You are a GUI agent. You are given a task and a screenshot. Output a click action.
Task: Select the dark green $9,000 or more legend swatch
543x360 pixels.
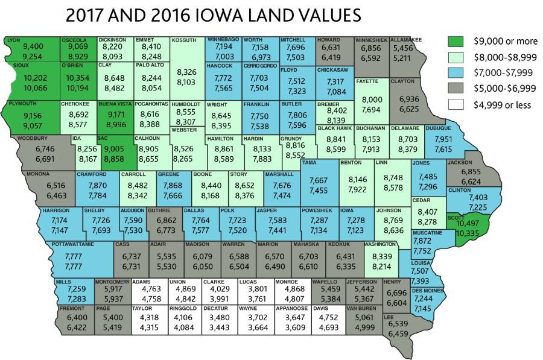click(456, 41)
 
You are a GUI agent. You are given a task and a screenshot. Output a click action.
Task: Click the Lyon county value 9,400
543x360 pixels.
click(33, 46)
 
